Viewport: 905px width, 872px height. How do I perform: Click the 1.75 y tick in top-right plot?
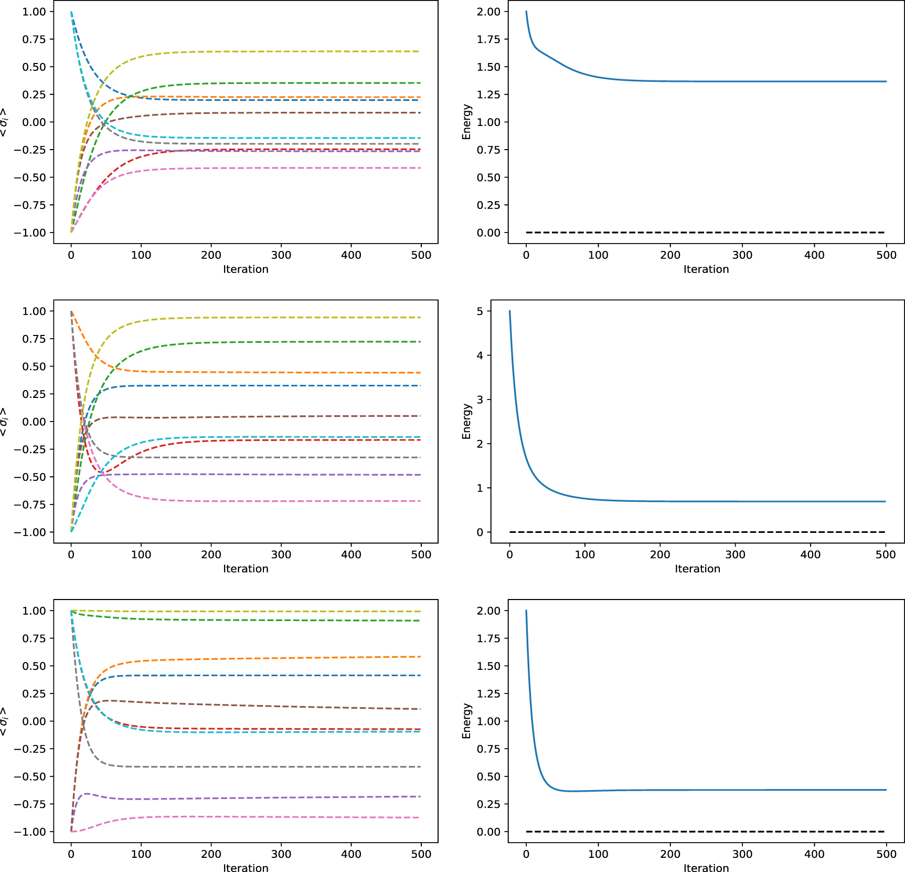click(x=488, y=39)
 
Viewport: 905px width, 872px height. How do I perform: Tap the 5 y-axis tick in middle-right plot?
click(x=480, y=311)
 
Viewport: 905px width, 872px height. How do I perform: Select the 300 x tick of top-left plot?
click(x=281, y=255)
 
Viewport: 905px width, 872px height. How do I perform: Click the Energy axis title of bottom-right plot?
click(x=466, y=721)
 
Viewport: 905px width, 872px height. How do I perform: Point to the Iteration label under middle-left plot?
click(x=246, y=569)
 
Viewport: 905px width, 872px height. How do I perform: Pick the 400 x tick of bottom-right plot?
click(x=814, y=854)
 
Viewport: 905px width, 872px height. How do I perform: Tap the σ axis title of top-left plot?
click(x=4, y=122)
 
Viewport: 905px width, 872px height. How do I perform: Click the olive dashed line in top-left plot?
click(x=262, y=51)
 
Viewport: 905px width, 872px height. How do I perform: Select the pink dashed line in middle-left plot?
click(x=262, y=501)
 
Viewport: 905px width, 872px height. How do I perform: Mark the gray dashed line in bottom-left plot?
click(x=262, y=767)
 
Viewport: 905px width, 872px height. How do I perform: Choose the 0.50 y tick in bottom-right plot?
click(x=488, y=776)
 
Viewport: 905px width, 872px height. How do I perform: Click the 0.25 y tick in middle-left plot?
click(x=34, y=394)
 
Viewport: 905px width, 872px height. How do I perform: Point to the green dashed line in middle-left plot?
click(x=262, y=342)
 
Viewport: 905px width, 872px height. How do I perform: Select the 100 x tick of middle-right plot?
click(x=584, y=555)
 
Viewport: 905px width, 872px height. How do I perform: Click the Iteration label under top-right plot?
click(x=706, y=269)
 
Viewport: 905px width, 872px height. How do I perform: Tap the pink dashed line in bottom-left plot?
click(x=262, y=817)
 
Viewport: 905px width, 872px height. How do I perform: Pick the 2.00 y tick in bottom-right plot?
click(x=488, y=611)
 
